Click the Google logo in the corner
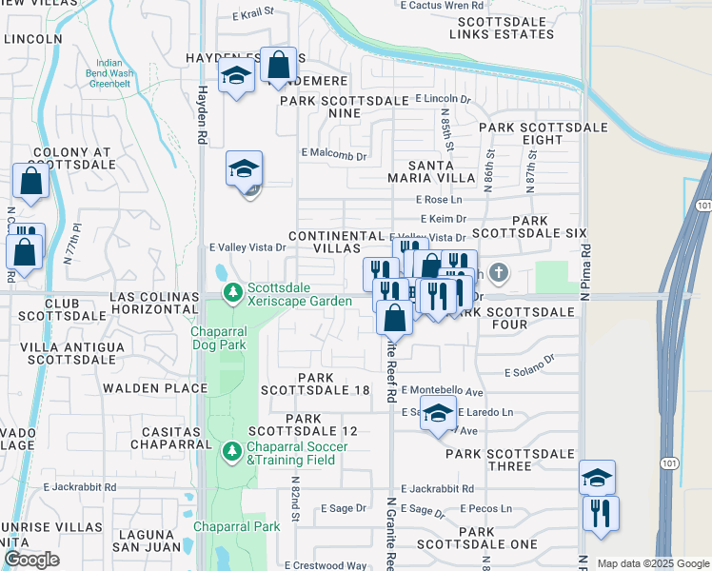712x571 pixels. [30, 560]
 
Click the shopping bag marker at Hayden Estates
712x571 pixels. [278, 66]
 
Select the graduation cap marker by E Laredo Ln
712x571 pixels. [437, 414]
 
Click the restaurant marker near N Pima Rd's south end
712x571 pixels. [601, 513]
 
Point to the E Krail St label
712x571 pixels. [252, 13]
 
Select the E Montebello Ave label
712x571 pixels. [443, 391]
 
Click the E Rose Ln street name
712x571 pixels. [439, 199]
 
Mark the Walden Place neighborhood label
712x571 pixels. [154, 388]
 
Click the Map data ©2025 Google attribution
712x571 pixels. [653, 563]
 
